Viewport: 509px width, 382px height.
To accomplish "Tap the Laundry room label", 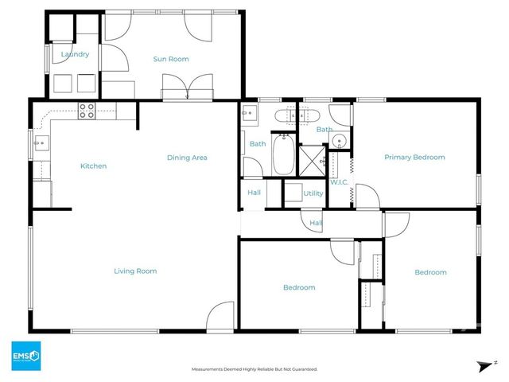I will (75, 54).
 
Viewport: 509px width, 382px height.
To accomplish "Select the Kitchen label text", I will (93, 166).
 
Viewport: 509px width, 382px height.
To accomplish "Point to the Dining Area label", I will (187, 158).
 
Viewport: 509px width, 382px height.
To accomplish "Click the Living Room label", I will (135, 271).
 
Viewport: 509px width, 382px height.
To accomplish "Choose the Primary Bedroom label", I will (414, 158).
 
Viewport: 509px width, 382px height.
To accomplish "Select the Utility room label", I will (313, 193).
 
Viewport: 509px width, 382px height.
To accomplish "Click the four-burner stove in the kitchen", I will (86, 112).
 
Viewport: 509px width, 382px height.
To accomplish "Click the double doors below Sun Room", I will (188, 86).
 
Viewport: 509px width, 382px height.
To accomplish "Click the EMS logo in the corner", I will (25, 355).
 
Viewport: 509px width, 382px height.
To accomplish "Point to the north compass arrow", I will (483, 366).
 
